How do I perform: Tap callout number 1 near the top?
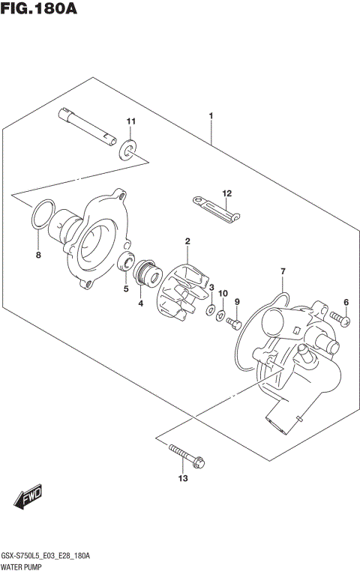(x=211, y=116)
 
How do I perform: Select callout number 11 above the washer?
(x=131, y=121)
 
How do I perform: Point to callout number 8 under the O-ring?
(x=40, y=256)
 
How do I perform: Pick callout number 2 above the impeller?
(x=187, y=241)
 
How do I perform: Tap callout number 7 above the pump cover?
(x=283, y=271)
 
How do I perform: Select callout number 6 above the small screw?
(x=346, y=302)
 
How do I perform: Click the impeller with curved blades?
(x=181, y=289)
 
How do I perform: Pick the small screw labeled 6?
(x=344, y=321)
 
